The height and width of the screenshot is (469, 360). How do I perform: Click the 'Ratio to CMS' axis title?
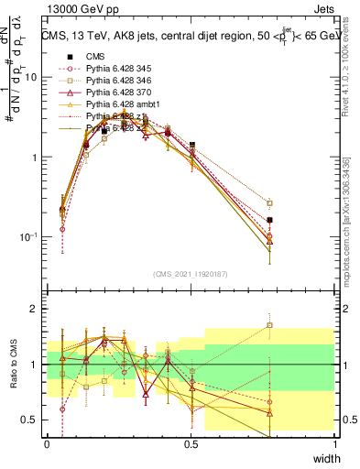coord(13,365)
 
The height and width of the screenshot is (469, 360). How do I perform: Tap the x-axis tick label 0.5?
coord(191,442)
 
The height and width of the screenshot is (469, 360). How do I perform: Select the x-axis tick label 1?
coord(335,442)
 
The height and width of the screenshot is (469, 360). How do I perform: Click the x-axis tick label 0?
coord(47,442)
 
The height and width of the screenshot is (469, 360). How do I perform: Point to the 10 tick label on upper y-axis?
coord(30,77)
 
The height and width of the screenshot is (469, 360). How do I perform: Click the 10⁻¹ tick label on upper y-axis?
coord(28,236)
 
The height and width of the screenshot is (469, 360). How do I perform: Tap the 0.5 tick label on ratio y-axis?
coord(32,420)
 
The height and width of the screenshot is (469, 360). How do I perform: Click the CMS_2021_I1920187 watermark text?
coord(190,274)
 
